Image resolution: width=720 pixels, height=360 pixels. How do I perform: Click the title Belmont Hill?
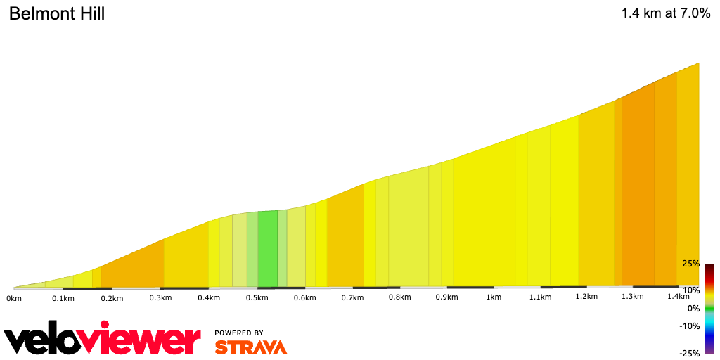pyautogui.click(x=56, y=13)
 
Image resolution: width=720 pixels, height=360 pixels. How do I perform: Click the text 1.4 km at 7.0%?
pyautogui.click(x=666, y=13)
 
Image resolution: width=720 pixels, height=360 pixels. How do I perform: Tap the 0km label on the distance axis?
pyautogui.click(x=14, y=298)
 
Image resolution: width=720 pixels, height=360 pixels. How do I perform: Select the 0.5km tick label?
pyautogui.click(x=257, y=297)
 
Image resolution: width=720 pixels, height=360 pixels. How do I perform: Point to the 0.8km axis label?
pyautogui.click(x=399, y=297)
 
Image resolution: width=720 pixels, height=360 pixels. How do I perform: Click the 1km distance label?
pyautogui.click(x=494, y=297)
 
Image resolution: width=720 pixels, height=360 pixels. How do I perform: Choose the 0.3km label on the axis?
pyautogui.click(x=161, y=297)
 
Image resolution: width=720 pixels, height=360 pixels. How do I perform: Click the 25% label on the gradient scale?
pyautogui.click(x=690, y=264)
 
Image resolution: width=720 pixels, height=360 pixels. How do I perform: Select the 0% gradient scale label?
pyautogui.click(x=693, y=308)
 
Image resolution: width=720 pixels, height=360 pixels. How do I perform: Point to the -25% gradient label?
pyautogui.click(x=689, y=353)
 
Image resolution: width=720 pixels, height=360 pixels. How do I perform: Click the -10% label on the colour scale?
pyautogui.click(x=689, y=326)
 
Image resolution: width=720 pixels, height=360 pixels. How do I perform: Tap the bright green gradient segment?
pyautogui.click(x=267, y=250)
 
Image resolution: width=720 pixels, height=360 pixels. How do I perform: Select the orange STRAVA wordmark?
pyautogui.click(x=250, y=347)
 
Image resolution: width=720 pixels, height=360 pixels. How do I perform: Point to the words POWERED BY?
pyautogui.click(x=239, y=333)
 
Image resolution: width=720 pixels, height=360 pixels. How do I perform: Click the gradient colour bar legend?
pyautogui.click(x=709, y=308)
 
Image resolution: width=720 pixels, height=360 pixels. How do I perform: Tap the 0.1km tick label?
pyautogui.click(x=63, y=298)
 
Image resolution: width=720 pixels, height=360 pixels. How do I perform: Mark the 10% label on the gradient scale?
pyautogui.click(x=690, y=290)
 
